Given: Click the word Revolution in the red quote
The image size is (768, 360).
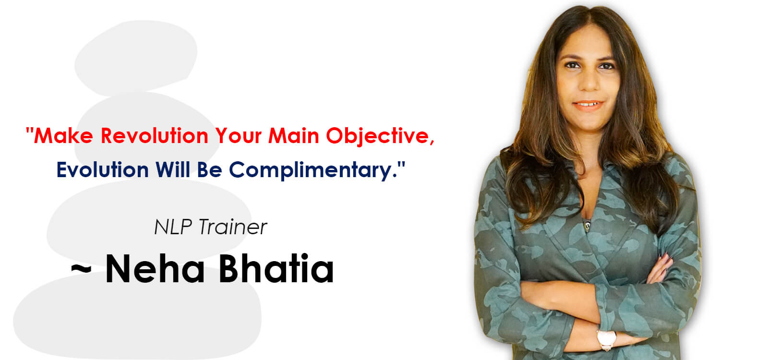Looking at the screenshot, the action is [154, 135].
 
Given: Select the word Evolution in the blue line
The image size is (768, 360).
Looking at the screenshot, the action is [103, 169].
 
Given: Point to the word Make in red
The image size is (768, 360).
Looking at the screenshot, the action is [63, 135].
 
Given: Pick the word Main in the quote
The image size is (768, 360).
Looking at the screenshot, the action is [294, 135].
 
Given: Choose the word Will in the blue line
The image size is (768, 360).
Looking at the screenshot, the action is [173, 169].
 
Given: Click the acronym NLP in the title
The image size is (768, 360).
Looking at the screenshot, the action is [173, 227].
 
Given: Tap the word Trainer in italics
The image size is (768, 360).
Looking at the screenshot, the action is [233, 227].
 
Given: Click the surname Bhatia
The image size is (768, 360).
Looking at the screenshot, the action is [276, 269].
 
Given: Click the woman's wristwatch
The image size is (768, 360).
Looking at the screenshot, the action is [607, 339].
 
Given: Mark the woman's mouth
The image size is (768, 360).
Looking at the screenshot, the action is [588, 105].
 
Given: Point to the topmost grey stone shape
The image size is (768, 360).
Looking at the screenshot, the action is [136, 57].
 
